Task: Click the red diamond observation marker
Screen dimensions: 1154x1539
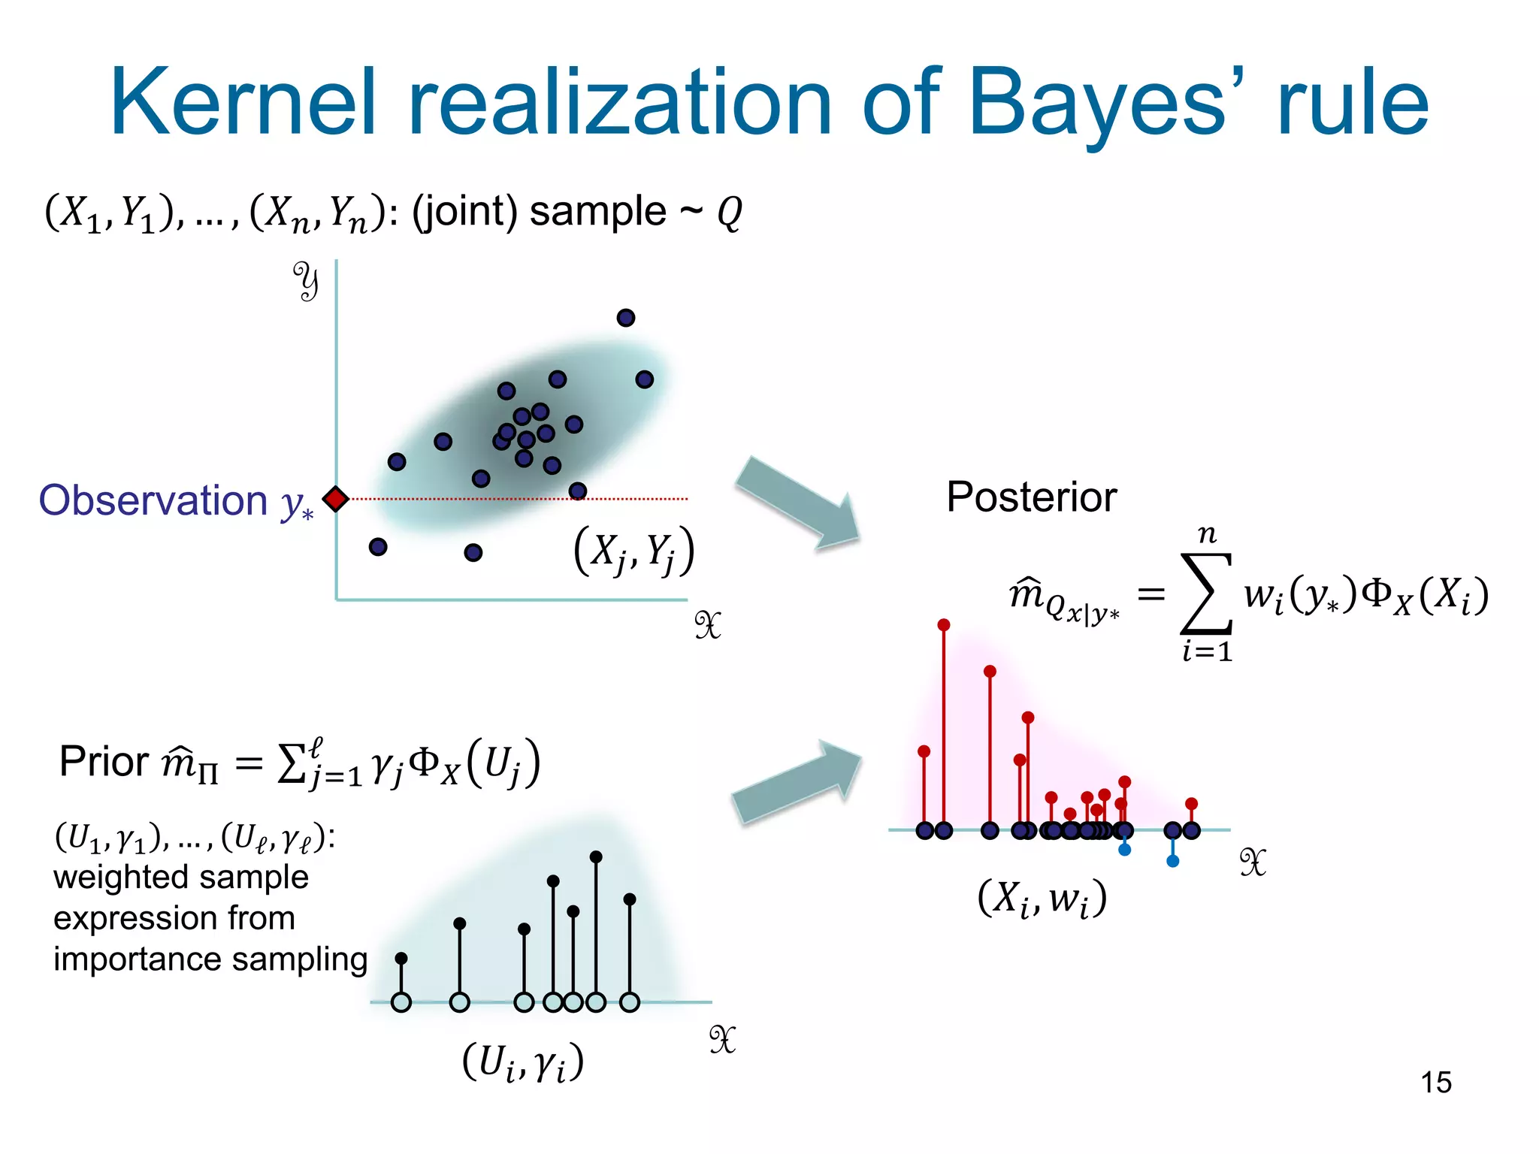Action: [x=335, y=499]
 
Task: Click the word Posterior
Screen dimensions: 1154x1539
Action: [x=1031, y=497]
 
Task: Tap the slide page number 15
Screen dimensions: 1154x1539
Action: [x=1435, y=1083]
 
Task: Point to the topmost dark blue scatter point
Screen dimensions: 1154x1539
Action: [x=625, y=318]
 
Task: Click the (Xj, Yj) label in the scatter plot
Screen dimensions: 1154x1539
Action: [x=633, y=552]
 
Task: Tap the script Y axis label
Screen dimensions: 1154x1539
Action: [x=306, y=282]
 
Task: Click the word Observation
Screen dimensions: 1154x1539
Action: [x=153, y=500]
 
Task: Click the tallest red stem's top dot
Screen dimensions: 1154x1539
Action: [x=944, y=625]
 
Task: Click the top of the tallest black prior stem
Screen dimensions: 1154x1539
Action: [x=596, y=857]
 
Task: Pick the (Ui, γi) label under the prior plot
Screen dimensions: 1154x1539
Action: [x=522, y=1062]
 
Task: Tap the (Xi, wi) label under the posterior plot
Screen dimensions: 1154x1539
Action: [x=1042, y=898]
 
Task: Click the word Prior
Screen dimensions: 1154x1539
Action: [x=104, y=762]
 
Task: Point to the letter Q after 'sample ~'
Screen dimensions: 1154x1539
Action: [x=729, y=213]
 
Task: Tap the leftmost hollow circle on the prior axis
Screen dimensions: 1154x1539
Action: [x=401, y=1002]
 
